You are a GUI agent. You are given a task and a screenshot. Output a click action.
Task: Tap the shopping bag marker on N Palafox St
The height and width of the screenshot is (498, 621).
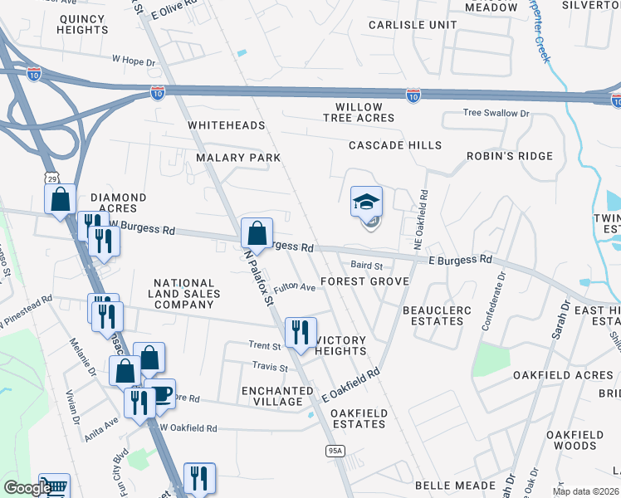[257, 233]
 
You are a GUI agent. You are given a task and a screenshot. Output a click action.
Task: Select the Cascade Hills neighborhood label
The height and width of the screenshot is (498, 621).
[394, 145]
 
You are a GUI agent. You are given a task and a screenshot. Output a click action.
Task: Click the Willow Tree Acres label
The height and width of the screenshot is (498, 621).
[359, 112]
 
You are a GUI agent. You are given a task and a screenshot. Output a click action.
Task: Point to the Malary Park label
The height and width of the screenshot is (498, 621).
[238, 157]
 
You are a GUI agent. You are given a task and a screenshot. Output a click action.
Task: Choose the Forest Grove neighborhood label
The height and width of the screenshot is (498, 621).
[364, 281]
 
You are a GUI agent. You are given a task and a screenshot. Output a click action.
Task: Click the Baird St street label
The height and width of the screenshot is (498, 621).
[365, 266]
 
